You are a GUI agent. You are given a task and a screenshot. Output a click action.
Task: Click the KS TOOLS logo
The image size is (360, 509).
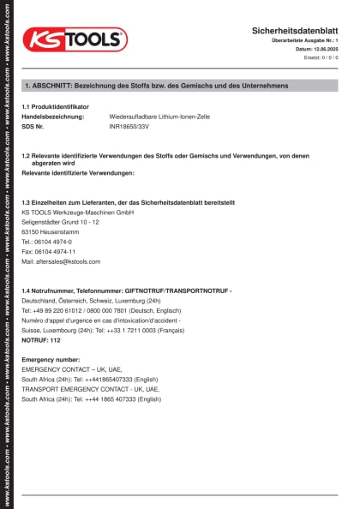(x=75, y=39)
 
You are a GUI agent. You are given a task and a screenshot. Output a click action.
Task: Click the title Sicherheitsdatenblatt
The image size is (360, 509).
(x=295, y=30)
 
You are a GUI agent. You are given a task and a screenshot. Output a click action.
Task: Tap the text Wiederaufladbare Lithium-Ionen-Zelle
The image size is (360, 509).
(x=159, y=116)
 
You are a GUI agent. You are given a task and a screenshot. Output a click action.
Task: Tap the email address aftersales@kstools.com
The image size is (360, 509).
(x=61, y=261)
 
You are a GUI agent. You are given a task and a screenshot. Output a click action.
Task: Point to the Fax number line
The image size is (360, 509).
(x=49, y=252)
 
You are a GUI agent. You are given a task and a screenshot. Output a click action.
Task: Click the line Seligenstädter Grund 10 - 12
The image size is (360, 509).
(x=60, y=222)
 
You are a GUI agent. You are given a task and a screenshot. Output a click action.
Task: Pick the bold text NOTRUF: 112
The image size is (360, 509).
(x=41, y=340)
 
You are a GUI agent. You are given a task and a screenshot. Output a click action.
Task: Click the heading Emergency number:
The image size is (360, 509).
(x=51, y=360)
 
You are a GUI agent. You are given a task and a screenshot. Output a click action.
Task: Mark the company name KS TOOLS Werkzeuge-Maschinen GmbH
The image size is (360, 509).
(x=77, y=212)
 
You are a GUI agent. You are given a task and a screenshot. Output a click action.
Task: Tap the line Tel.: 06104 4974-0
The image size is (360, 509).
(x=47, y=242)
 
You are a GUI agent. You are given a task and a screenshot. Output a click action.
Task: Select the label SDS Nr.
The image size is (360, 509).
(x=39, y=126)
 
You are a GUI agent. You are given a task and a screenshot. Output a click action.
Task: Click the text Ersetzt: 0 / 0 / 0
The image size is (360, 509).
(x=321, y=57)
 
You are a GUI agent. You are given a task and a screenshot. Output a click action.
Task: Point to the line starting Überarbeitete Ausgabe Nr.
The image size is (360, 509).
(x=304, y=40)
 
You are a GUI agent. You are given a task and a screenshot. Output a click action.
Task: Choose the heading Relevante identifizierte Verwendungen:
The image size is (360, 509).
(x=78, y=173)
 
